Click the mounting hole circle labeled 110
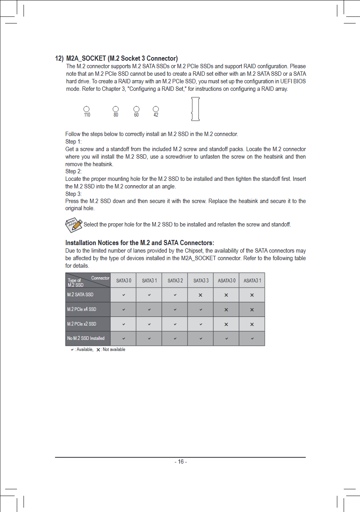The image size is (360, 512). (86, 109)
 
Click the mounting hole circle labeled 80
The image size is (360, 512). (116, 109)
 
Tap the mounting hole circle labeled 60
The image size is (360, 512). (136, 109)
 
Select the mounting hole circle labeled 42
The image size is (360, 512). (156, 109)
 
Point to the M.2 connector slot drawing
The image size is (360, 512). (195, 109)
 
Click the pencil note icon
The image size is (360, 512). (74, 225)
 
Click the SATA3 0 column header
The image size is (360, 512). (123, 280)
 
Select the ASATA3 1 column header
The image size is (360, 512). (252, 280)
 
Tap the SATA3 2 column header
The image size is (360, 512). (175, 280)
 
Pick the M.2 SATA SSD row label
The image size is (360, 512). (80, 295)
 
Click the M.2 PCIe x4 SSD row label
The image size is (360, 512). (82, 309)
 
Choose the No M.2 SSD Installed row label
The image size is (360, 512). (86, 338)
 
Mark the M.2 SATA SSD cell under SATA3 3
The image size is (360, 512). (201, 295)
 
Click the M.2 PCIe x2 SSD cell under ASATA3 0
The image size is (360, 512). (226, 324)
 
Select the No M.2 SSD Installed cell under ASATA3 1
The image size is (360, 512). (252, 339)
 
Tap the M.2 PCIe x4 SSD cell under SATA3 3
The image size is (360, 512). (201, 309)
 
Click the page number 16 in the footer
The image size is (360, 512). (180, 462)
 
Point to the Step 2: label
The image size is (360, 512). (73, 171)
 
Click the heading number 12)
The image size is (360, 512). (59, 59)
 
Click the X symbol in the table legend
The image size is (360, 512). (98, 350)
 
